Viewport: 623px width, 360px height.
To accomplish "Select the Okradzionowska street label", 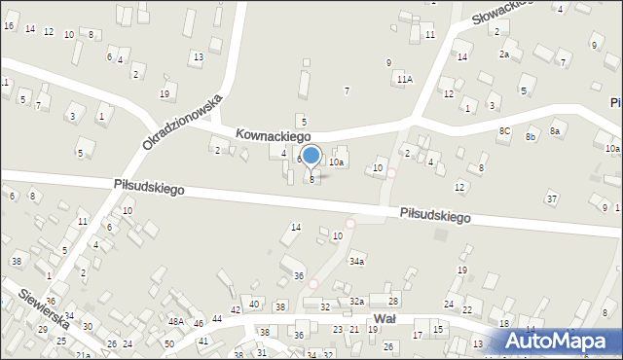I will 183,123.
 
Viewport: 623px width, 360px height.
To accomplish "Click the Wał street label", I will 384,318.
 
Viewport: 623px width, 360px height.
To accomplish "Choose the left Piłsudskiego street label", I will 148,185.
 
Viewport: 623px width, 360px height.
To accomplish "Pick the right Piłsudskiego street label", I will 435,215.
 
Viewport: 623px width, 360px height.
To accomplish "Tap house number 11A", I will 403,80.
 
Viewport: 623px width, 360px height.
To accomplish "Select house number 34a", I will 358,262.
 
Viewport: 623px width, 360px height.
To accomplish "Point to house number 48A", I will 175,322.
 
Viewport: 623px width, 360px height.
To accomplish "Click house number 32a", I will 357,302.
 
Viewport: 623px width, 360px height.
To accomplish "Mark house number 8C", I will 504,130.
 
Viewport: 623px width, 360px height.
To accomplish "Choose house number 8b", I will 531,137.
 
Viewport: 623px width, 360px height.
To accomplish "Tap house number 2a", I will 504,54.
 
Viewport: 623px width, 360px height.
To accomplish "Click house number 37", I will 551,199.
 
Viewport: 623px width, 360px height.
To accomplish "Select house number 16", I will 9,25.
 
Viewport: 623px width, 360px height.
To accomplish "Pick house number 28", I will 393,302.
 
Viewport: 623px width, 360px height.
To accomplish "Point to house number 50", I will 168,344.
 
